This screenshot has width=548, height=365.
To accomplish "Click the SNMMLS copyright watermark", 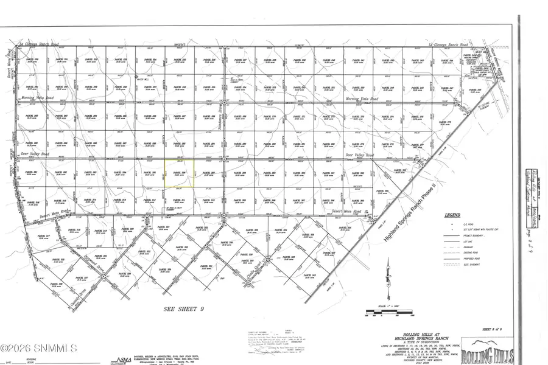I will click(x=39, y=348).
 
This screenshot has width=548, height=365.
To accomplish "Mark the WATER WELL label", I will click(x=143, y=78).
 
